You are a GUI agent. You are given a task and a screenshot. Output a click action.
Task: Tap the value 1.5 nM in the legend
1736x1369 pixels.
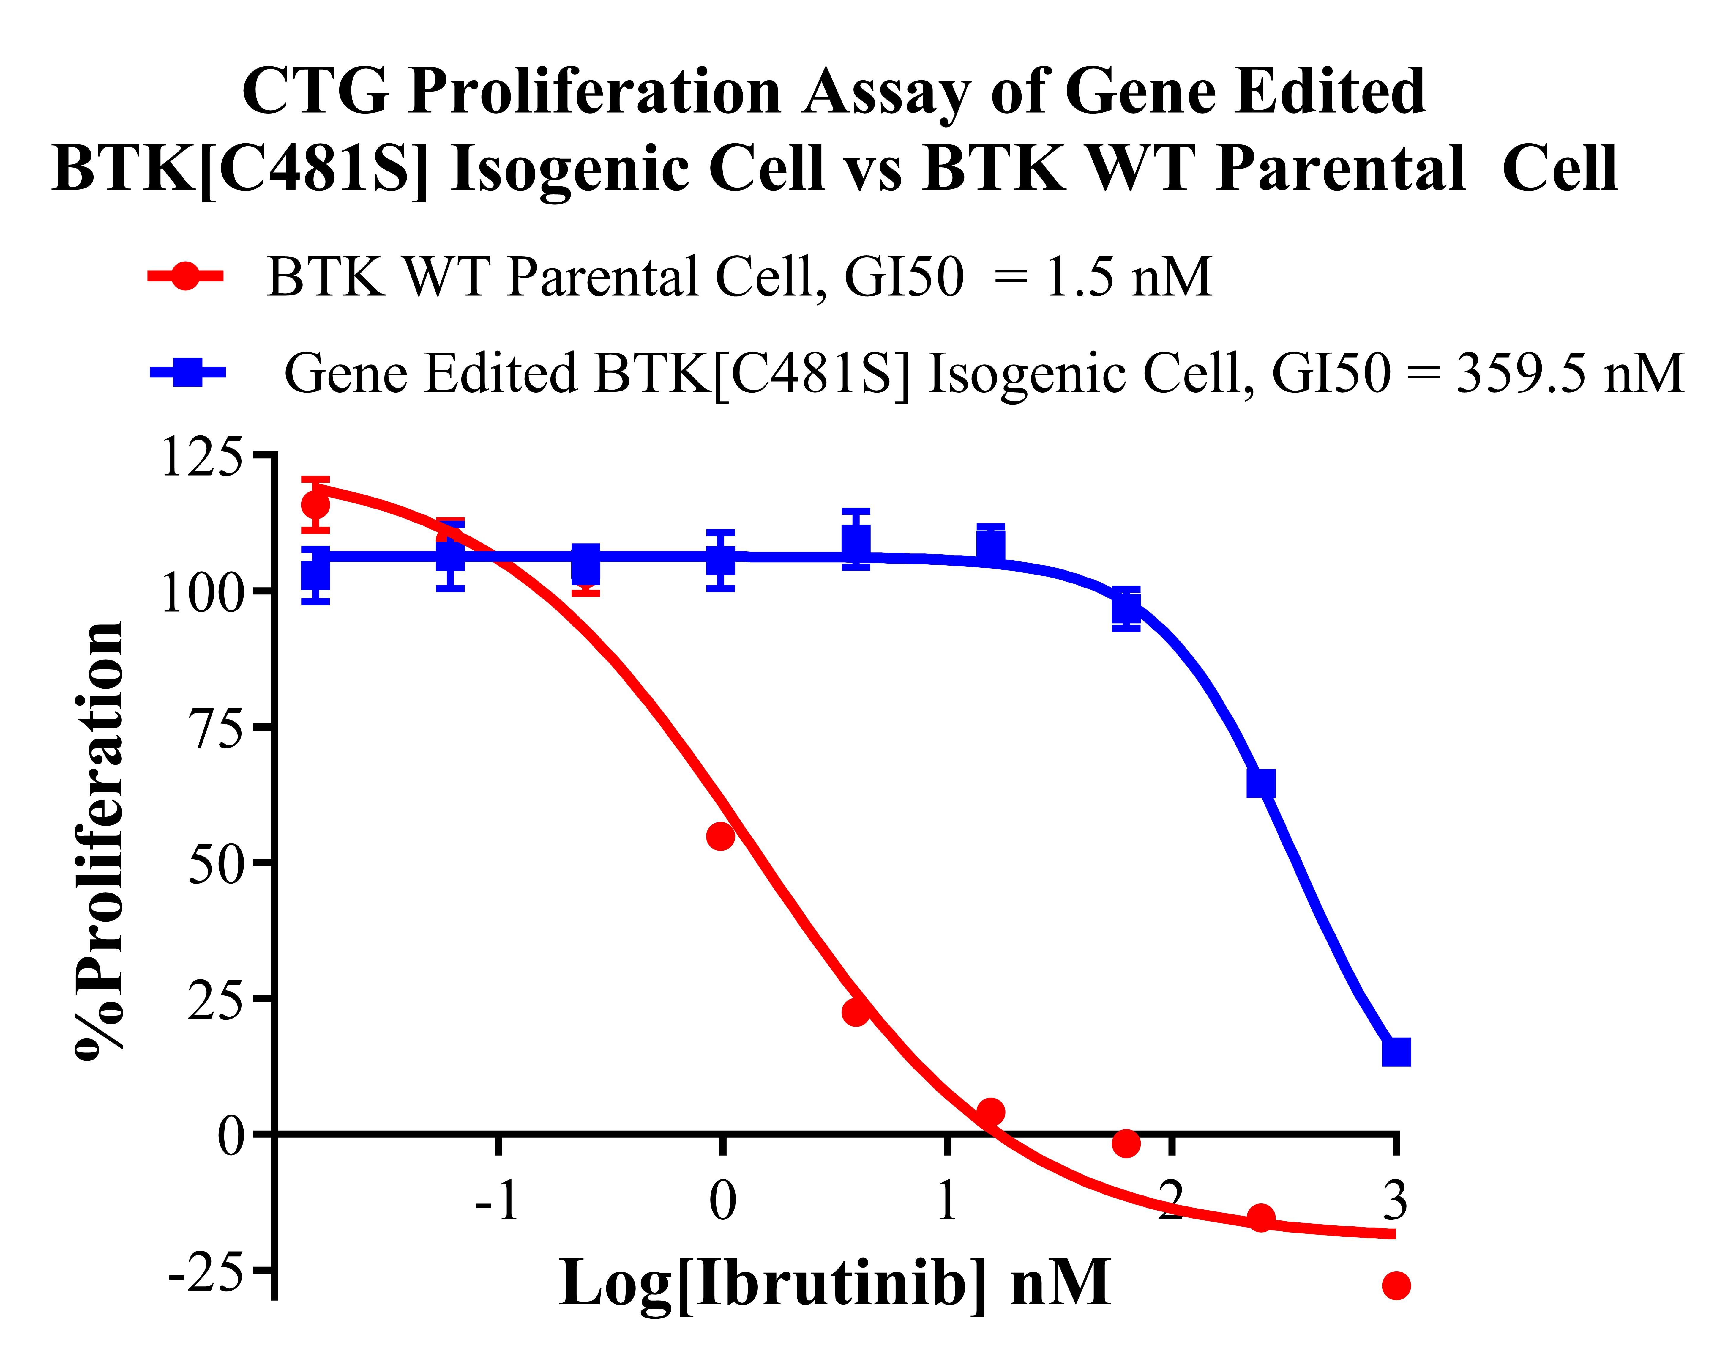pyautogui.click(x=1128, y=277)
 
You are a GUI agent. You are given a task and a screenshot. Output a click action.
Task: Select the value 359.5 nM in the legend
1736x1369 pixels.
pyautogui.click(x=1570, y=374)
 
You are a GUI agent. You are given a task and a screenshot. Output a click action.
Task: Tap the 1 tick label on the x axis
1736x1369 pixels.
pyautogui.click(x=947, y=1201)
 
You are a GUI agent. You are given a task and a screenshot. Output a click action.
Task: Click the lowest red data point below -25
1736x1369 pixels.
pyautogui.click(x=1396, y=1286)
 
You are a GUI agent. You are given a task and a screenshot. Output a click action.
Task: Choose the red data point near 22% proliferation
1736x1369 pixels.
pyautogui.click(x=856, y=1012)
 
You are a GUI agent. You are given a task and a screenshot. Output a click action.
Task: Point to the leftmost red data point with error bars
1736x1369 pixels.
pyautogui.click(x=316, y=505)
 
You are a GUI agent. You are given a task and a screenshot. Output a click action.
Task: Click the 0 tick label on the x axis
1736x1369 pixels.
pyautogui.click(x=723, y=1201)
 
